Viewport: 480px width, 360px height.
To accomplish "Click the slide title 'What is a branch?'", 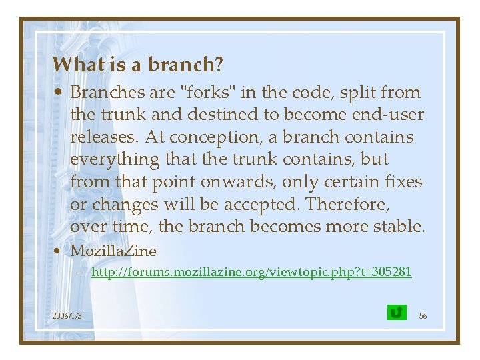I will (x=137, y=65).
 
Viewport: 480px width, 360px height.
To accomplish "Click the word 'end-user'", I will (x=389, y=115).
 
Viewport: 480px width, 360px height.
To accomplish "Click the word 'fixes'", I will (x=404, y=182).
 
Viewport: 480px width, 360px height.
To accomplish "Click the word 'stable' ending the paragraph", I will (x=397, y=227).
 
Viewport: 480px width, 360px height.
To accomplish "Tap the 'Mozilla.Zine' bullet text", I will (x=113, y=251).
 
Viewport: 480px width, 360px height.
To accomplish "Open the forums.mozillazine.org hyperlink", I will (x=251, y=272).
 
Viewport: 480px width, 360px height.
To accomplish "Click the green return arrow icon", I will (x=396, y=312).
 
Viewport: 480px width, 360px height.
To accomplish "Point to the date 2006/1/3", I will (x=67, y=315).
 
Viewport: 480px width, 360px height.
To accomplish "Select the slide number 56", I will (x=423, y=315).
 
